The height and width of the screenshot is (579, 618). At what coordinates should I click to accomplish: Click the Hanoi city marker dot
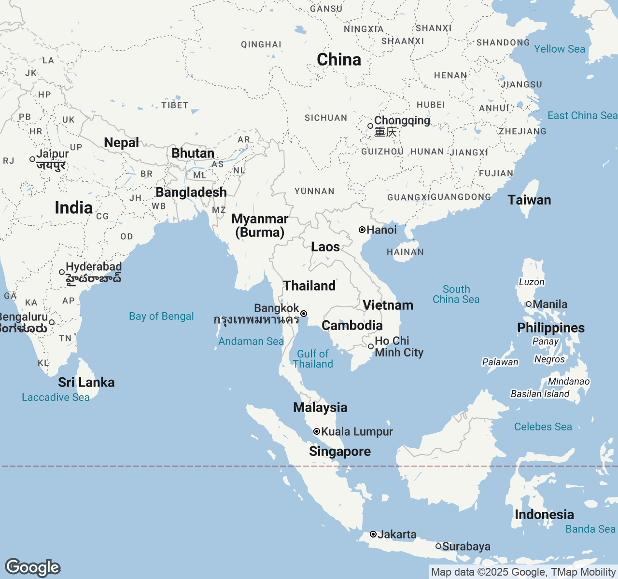coord(362,230)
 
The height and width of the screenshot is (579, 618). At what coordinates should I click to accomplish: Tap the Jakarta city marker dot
coord(373,534)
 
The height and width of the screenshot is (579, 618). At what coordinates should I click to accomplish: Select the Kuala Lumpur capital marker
coord(317,431)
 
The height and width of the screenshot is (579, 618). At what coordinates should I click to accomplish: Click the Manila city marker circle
coord(529,304)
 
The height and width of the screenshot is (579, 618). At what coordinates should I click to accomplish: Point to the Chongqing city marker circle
coord(370,126)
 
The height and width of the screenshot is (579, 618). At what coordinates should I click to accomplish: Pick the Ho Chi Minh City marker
coord(371,346)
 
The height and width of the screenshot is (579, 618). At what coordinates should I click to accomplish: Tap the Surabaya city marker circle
coord(438,546)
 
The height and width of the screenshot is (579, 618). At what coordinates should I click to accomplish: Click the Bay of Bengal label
coord(161,317)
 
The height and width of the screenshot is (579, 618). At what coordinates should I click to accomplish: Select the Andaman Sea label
coord(251,342)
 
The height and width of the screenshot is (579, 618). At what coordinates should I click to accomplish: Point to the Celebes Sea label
coord(543,427)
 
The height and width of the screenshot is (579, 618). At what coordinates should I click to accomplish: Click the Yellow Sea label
coord(559,49)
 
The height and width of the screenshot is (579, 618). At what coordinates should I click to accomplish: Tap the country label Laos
coord(325,247)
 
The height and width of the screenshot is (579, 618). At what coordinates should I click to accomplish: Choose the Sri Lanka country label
coord(86,383)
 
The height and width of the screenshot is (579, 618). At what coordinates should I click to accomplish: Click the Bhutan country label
coord(193,153)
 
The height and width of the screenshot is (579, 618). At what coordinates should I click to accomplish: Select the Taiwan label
coord(529,200)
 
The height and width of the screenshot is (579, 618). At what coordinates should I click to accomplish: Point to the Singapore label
coord(340,452)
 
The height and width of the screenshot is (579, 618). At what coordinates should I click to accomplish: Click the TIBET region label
coord(175,105)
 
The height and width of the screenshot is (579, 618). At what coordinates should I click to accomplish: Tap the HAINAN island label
coord(405,252)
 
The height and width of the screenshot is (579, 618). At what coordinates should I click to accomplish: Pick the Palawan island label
coord(500,362)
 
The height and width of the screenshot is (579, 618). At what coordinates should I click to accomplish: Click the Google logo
coord(32,567)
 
